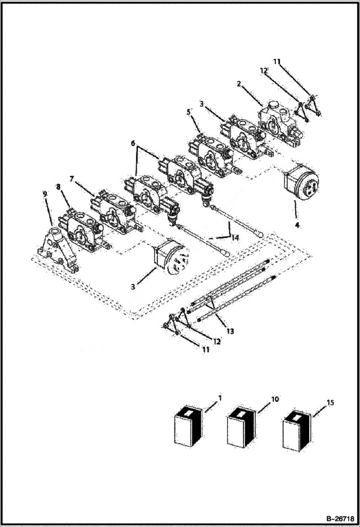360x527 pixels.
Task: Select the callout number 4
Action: pos(297,225)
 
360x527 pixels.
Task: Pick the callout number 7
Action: pos(72,179)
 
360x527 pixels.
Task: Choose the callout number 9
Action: pos(45,194)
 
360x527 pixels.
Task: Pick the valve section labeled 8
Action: pos(80,230)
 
